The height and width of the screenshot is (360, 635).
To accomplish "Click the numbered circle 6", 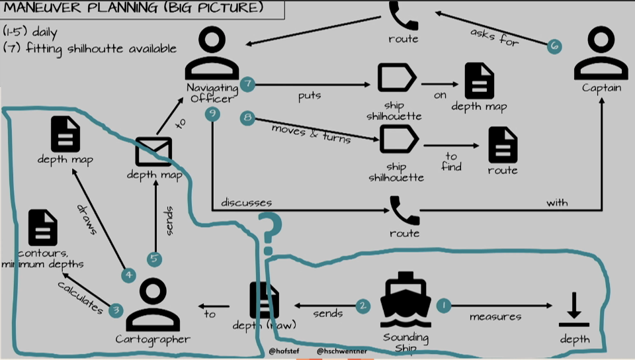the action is coord(554,46).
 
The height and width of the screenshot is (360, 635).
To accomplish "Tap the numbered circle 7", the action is coord(247,84).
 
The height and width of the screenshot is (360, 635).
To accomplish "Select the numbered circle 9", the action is coord(212,114).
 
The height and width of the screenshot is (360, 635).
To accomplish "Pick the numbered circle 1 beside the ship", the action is coord(444,305).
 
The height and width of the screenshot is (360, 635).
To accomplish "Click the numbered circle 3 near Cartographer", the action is coord(116,310).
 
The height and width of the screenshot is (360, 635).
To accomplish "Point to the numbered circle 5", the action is coord(154,259).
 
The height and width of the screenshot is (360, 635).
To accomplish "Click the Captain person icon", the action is coord(601,53).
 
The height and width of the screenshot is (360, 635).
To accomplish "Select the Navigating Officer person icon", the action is coord(212,53).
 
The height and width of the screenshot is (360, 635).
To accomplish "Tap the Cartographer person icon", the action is coord(153,304).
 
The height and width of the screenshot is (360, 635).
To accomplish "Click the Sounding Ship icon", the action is coord(405,299).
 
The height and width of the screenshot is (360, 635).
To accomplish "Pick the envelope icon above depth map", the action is coord(153,152).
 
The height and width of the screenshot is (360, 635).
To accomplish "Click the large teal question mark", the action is coord(270,234).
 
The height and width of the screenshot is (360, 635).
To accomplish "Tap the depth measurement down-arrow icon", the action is coord(574,310).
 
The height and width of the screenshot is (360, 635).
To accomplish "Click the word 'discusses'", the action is coord(246,202).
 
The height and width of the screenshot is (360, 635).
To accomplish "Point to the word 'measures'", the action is coord(495,317).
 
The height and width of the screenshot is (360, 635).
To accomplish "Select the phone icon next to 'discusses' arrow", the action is coord(405,210).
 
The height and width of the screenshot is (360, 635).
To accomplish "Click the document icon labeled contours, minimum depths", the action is coord(43,228).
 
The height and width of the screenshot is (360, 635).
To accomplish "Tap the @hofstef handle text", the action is coord(284,351).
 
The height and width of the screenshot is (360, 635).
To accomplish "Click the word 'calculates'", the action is coord(80,297).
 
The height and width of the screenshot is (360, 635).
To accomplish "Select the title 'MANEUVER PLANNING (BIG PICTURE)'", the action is coord(134,7).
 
